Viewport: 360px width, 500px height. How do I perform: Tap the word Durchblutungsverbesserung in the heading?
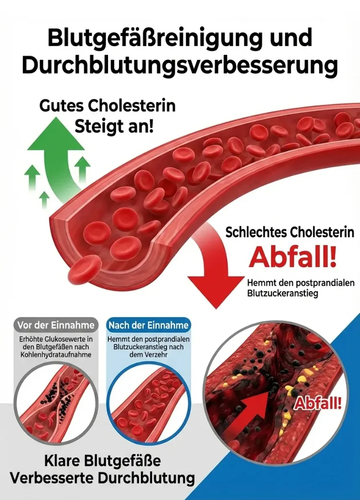pyautogui.click(x=180, y=66)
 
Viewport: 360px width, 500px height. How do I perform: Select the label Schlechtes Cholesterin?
pyautogui.click(x=290, y=232)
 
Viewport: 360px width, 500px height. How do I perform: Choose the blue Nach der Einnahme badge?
pyautogui.click(x=148, y=325)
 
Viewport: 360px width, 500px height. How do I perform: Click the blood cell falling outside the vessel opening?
pyautogui.click(x=84, y=269)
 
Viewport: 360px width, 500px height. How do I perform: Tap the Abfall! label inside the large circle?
pyautogui.click(x=318, y=403)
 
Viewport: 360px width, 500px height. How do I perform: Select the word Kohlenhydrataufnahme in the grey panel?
pyautogui.click(x=56, y=355)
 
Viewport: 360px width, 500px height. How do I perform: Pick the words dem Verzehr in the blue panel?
pyautogui.click(x=148, y=355)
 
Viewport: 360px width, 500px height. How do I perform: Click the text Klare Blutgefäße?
pyautogui.click(x=103, y=461)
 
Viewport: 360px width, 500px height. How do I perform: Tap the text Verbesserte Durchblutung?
pyautogui.click(x=103, y=478)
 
